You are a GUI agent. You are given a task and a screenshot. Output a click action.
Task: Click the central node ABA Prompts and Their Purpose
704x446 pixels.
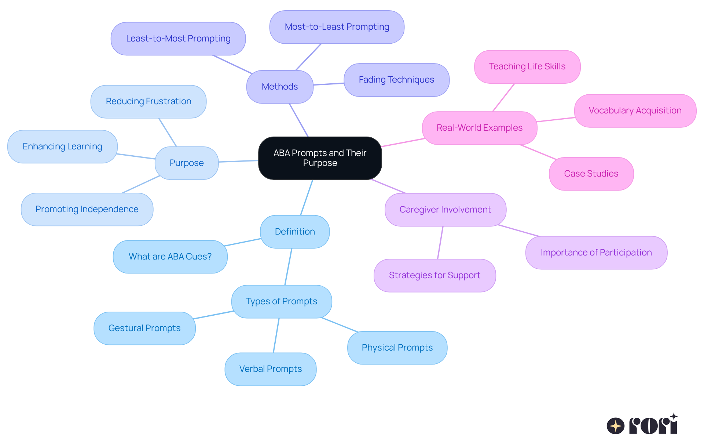[320, 158]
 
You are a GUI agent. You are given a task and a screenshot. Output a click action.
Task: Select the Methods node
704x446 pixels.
[280, 87]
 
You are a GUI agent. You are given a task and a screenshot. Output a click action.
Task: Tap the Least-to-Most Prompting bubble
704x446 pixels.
[178, 39]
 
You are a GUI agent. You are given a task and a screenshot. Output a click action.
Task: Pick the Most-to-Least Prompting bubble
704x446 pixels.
[337, 27]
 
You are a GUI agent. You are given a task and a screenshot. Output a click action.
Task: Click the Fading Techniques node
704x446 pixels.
[396, 80]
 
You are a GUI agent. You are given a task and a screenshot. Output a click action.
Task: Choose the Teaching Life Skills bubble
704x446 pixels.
[527, 66]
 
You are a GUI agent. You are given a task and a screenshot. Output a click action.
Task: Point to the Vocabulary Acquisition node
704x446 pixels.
[635, 110]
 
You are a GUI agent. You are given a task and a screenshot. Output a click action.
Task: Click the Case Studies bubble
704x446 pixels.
[591, 174]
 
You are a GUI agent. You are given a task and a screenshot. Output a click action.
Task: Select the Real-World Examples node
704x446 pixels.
[479, 128]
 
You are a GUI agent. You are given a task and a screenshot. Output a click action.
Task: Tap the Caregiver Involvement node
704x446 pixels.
[445, 210]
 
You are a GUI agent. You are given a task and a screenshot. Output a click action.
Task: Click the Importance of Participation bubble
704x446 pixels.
[596, 253]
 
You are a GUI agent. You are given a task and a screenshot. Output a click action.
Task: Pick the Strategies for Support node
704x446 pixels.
[434, 275]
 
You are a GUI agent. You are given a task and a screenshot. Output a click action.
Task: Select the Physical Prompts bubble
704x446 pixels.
[397, 348]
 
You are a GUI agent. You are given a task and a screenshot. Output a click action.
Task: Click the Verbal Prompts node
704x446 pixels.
[270, 369]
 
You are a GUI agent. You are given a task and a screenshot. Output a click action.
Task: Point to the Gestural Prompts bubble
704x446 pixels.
[144, 328]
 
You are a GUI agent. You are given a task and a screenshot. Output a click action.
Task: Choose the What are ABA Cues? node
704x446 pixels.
[170, 257]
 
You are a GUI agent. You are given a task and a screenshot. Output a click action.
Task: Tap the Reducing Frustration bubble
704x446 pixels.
[148, 101]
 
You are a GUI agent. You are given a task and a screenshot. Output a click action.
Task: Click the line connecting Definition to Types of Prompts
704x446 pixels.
[288, 267]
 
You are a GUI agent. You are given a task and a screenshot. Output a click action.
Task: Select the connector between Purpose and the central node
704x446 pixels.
[238, 161]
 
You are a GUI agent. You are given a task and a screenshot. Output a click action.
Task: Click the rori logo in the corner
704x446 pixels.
[642, 425]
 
